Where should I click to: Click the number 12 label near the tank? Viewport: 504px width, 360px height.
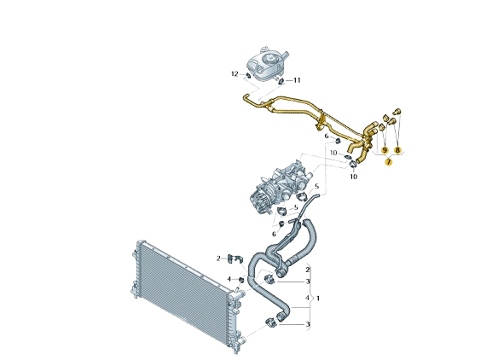235,74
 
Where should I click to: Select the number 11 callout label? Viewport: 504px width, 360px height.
297,80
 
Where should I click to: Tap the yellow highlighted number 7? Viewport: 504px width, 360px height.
389,162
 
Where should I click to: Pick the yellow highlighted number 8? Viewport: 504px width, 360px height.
398,150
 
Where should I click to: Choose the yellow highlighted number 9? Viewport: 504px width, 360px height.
385,150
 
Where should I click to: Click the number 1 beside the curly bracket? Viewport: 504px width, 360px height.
318,299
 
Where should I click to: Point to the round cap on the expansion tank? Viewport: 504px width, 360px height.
269,60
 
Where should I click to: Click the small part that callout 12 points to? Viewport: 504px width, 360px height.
248,76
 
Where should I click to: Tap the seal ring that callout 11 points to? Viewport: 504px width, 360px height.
281,81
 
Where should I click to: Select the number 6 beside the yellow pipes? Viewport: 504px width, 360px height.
327,136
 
